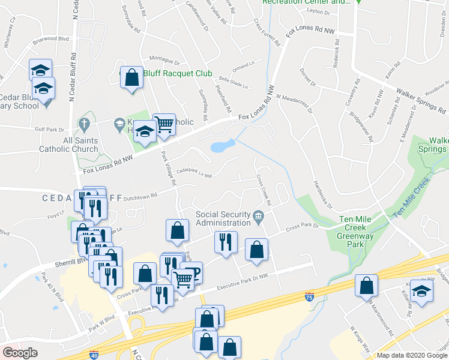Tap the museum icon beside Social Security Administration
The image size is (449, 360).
click(x=258, y=216)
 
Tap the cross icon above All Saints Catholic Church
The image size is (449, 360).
click(x=84, y=124)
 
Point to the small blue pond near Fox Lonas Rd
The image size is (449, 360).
click(x=222, y=146)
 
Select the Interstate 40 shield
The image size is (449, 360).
click(x=93, y=355)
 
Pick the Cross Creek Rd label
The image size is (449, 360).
click(x=264, y=190)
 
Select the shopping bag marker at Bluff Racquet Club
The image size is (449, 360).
click(x=131, y=77)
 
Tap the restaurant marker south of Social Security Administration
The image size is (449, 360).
click(x=226, y=242)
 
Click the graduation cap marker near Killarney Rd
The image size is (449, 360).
click(x=422, y=291)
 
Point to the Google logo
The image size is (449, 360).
click(x=20, y=353)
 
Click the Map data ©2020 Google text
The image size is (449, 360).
click(x=412, y=356)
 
